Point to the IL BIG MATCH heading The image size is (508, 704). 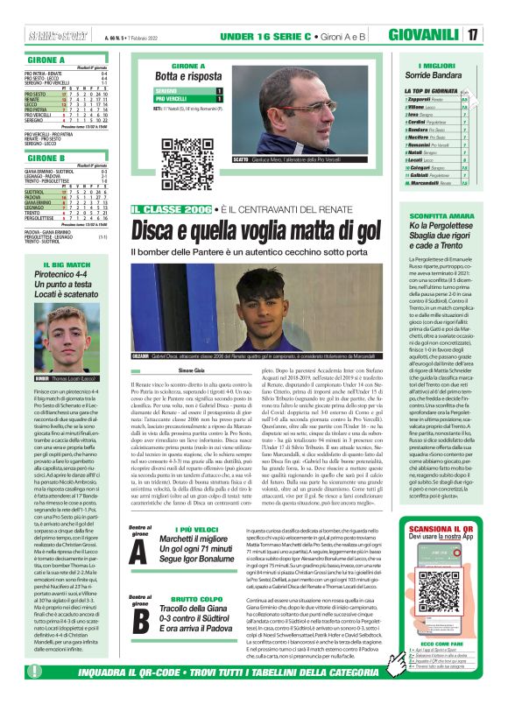[x=54, y=264]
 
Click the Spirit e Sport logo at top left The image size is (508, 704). [x=40, y=12]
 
